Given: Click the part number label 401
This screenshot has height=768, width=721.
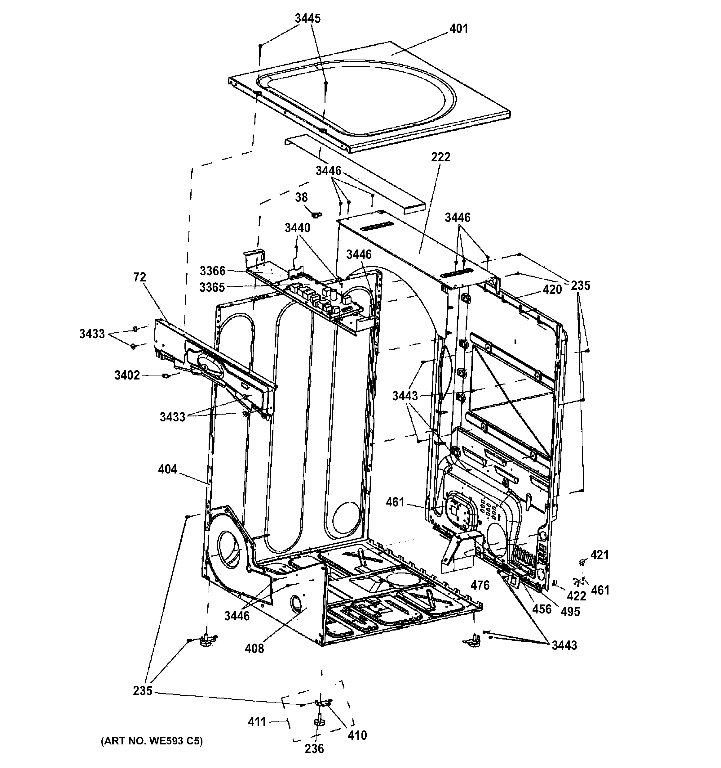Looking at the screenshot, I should pos(458,29).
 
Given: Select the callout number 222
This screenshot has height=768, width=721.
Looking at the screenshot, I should pos(440,157).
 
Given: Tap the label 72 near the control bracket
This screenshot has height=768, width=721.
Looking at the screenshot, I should pos(140,277).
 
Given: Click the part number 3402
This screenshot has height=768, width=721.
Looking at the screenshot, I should pos(127,375).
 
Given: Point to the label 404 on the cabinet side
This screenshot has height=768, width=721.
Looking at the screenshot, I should pos(167,469).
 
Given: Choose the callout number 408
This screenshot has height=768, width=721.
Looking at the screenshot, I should pos(254,648).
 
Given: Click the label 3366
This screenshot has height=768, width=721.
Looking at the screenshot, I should pos(212,271).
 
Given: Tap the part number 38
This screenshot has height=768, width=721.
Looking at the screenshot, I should pos(301,197).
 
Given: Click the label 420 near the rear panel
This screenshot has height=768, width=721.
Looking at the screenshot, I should pos(552,289).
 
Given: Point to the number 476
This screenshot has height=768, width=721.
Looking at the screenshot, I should pos(480,585).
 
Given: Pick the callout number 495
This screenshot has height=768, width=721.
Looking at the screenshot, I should pos(570,611).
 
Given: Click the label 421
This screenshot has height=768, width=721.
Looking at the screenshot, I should pos(599,555).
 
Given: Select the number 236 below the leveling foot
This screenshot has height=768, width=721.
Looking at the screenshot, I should pos(314,749).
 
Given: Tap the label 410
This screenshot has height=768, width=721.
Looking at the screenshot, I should pos(357,735).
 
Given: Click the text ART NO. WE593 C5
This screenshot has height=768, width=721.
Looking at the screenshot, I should pos(152,741).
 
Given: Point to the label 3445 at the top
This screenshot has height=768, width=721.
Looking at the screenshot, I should pos(307,19).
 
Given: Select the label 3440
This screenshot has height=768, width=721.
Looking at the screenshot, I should pos(297,228).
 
